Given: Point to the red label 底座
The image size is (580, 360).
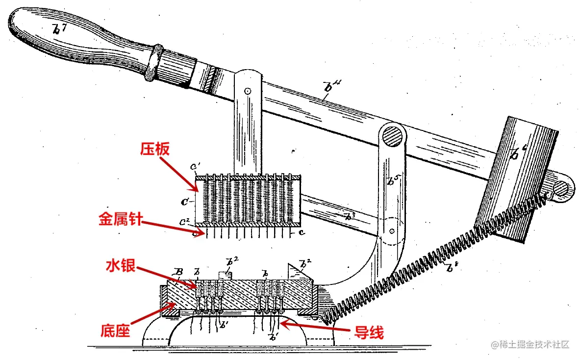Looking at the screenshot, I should (116, 331).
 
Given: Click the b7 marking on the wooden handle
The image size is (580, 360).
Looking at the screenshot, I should (59, 30).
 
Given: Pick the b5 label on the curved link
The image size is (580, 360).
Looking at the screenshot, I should (391, 181).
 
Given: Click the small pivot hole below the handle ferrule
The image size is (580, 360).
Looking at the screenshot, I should (248, 91).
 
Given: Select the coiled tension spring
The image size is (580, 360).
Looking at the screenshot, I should (431, 260).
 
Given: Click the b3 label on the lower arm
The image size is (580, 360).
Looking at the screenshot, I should (350, 216).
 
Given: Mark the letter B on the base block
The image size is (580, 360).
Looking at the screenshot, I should (179, 273).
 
